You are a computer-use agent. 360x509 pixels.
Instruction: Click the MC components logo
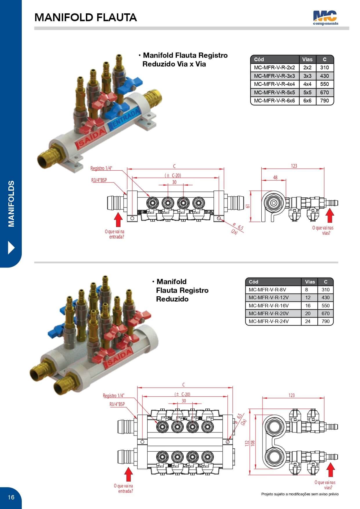(325, 18)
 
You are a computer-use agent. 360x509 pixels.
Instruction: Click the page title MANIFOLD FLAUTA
(86, 17)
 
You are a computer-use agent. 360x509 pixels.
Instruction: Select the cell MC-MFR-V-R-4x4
(274, 84)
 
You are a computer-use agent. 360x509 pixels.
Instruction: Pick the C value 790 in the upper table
(325, 101)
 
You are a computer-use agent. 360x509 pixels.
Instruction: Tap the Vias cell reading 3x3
(307, 76)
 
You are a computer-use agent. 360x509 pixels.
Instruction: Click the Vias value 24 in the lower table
(308, 321)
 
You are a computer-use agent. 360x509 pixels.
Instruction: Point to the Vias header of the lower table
(310, 282)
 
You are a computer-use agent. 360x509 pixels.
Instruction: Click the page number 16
(11, 497)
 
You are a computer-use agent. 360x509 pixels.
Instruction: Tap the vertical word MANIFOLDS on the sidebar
(11, 204)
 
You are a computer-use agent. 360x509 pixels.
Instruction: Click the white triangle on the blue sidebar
(11, 248)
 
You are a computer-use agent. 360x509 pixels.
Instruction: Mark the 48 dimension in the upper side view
(275, 177)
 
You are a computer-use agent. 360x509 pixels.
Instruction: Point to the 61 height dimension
(247, 206)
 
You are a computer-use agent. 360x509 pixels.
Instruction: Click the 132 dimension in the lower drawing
(247, 443)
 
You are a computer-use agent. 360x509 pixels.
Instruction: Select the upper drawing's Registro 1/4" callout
(101, 168)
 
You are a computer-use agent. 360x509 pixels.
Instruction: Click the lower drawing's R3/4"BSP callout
(117, 404)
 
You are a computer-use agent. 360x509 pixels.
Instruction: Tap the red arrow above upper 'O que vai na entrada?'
(118, 220)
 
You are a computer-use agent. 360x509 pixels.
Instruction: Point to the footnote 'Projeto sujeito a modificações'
(300, 494)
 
